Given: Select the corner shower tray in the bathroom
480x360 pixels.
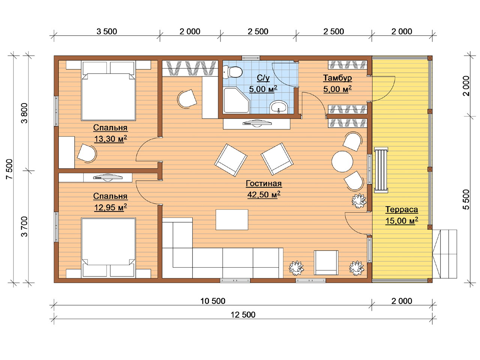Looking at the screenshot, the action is (x=236, y=100).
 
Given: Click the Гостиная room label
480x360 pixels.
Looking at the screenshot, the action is (x=264, y=183).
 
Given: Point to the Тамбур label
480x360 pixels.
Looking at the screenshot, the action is (x=337, y=78).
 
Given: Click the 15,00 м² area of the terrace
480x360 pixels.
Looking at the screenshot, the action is (x=402, y=220).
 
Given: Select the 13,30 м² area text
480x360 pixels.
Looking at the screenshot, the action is (x=110, y=139).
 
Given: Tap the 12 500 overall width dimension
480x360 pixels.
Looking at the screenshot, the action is (x=243, y=315).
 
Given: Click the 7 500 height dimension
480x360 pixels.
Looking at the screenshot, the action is (x=10, y=169).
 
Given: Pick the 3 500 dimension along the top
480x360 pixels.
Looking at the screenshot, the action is (x=107, y=31).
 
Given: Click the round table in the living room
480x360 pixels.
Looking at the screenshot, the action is (x=342, y=162).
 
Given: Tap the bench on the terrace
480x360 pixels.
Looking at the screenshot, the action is (x=381, y=170).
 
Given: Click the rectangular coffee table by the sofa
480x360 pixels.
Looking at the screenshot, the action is (x=232, y=220).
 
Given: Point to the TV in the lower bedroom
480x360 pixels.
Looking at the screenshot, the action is (x=108, y=177).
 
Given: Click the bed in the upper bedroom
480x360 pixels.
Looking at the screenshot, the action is (x=108, y=91).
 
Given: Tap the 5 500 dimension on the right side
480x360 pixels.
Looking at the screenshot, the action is (x=466, y=199).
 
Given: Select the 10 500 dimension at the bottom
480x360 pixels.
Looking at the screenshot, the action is (x=213, y=301).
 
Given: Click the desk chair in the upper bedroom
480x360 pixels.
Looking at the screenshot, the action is (x=87, y=153).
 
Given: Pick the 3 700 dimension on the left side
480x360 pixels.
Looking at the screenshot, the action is (x=24, y=226).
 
